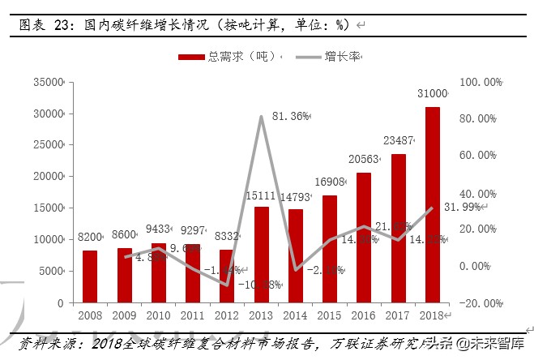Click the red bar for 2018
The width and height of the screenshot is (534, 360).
point(432,204)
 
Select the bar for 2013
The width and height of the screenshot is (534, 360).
point(262,255)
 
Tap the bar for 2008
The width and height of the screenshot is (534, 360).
point(90,276)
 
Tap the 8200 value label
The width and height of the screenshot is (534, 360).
point(89,237)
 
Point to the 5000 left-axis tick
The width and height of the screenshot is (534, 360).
point(53,271)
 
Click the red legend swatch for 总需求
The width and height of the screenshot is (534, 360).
point(190,57)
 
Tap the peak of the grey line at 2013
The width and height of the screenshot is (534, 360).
point(262,117)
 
